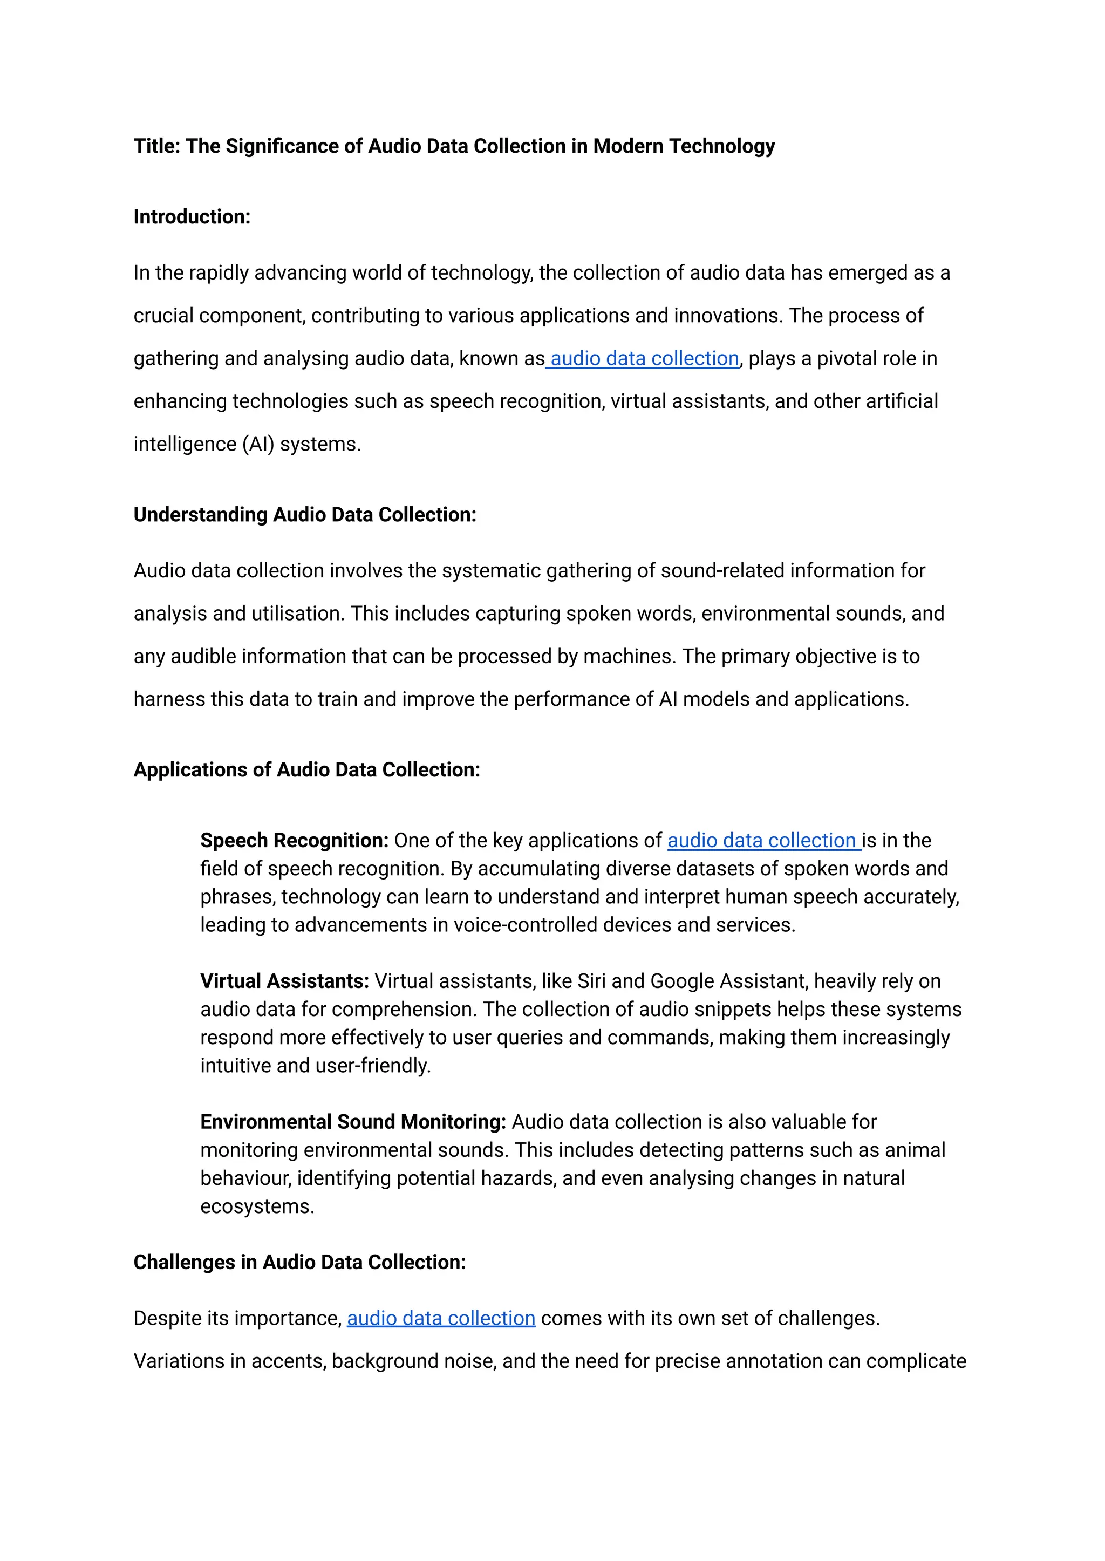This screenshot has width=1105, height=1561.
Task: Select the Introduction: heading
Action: coord(192,217)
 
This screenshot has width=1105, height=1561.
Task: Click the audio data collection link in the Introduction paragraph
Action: coord(644,359)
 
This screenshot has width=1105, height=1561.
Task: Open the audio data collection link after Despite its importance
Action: coord(441,1318)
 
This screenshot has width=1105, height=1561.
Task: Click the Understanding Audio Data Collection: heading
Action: coord(305,514)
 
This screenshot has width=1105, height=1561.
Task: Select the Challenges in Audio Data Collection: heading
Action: coord(299,1262)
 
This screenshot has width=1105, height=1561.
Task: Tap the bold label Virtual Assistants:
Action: coord(284,981)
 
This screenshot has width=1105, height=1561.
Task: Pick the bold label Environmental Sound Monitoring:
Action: coord(352,1122)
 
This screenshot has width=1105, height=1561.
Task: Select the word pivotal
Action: coord(848,359)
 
